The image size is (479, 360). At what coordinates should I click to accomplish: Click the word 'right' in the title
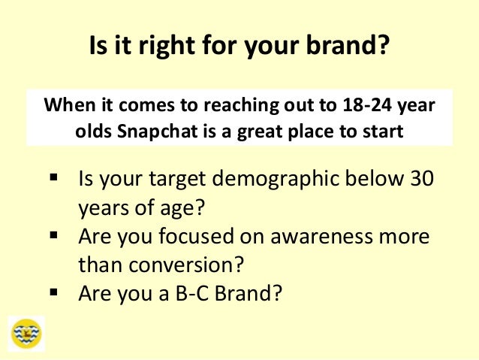[x=160, y=48]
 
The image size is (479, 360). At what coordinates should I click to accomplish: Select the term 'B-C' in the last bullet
[x=194, y=292]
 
